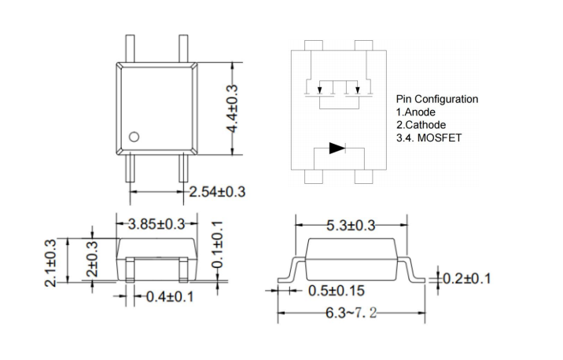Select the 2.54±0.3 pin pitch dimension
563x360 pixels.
pos(217,192)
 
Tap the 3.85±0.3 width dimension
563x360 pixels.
pos(156,224)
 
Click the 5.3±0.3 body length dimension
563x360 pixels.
pos(352,226)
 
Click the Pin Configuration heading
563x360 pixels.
pos(436,100)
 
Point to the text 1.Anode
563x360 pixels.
pos(416,112)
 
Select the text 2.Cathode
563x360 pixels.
pos(421,125)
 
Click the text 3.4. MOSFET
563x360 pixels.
pos(429,138)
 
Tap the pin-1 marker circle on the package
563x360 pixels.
pos(134,137)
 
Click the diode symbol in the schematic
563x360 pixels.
pos(337,148)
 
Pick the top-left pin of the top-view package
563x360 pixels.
pos(129,48)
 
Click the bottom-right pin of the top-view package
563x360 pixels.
pos(183,167)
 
